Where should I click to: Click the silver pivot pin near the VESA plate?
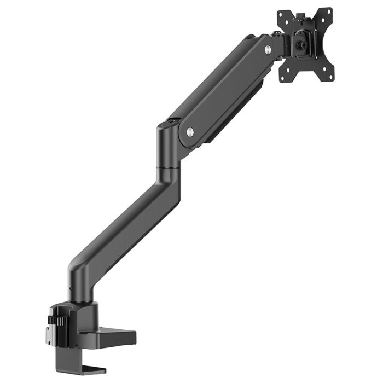(x=268, y=49)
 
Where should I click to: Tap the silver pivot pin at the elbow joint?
(x=190, y=131)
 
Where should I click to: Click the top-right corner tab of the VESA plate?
(x=327, y=11)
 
